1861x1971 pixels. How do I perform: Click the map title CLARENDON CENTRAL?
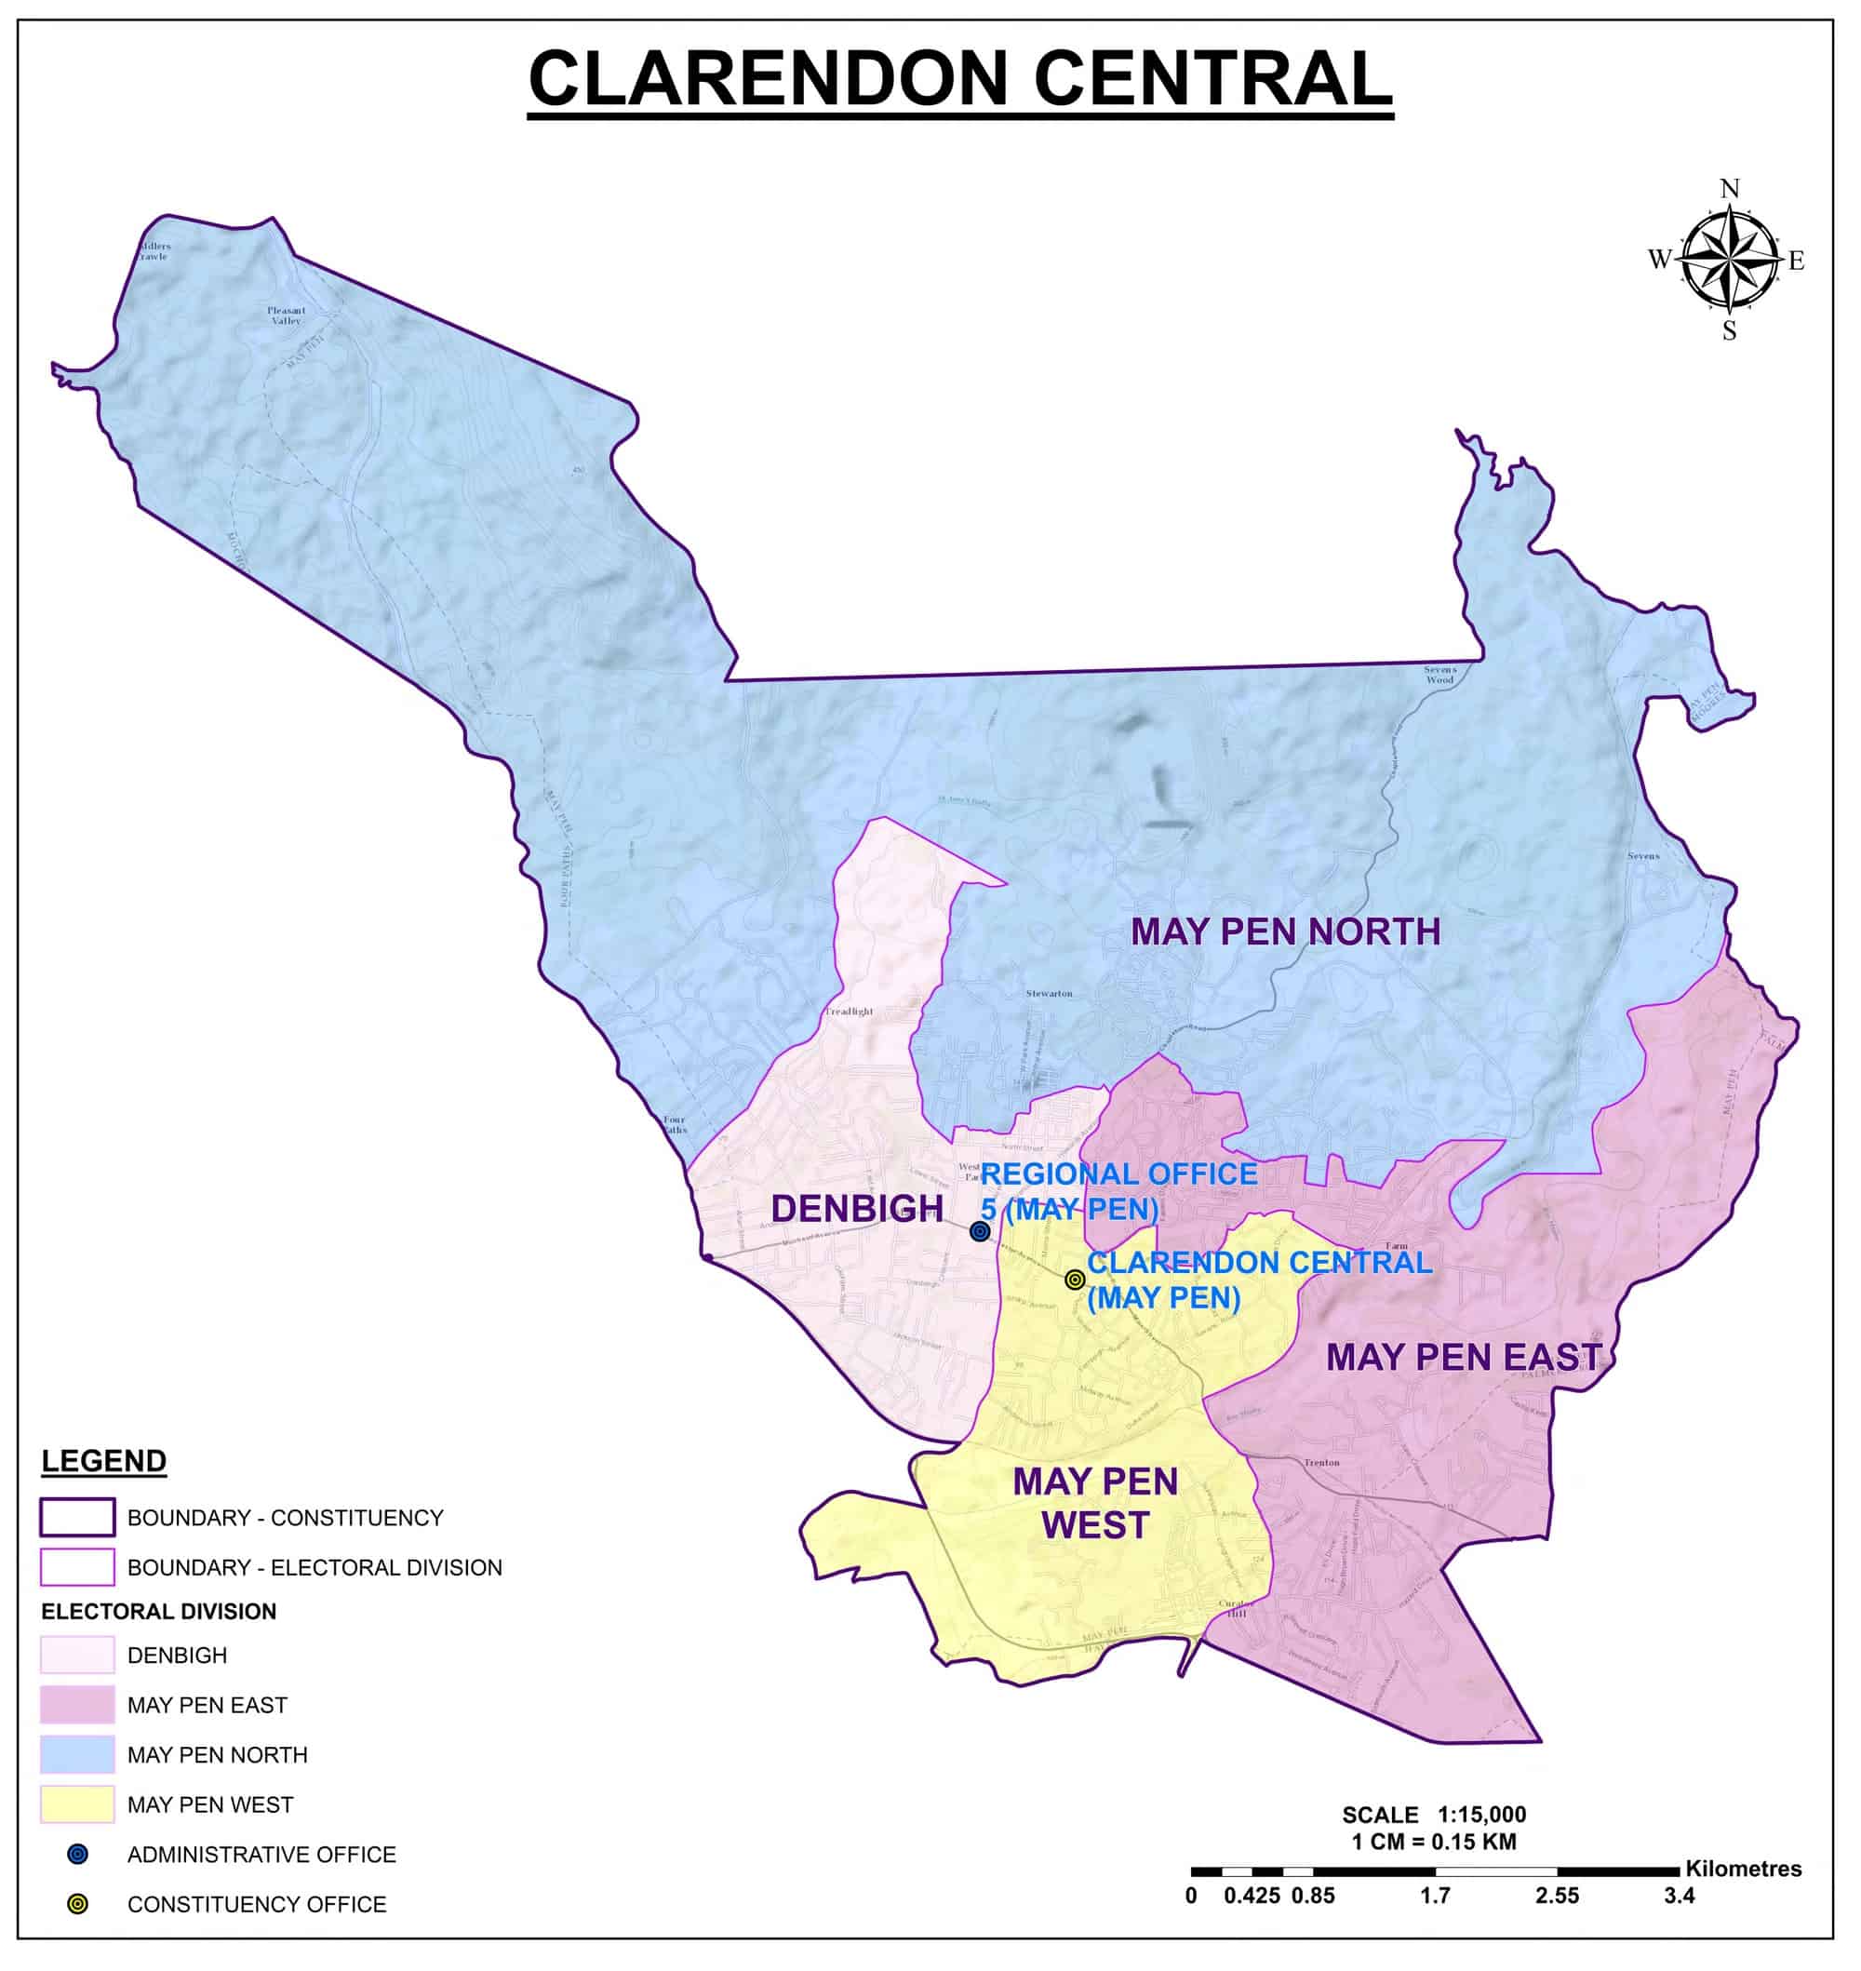[959, 79]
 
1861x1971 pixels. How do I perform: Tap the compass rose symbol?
[1729, 260]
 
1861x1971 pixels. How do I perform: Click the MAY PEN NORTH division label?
[1285, 932]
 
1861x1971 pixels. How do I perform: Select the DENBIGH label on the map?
[857, 1208]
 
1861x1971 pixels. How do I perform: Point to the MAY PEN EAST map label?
[1463, 1357]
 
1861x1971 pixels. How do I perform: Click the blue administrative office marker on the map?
[980, 1231]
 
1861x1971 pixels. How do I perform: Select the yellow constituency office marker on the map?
[1075, 1280]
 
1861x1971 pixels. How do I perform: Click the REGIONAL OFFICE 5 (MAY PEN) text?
[1118, 1191]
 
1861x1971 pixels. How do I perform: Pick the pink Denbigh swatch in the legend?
[77, 1655]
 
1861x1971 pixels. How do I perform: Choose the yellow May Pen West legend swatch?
[77, 1804]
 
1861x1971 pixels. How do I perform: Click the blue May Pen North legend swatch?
[77, 1755]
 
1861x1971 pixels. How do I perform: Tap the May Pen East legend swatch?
[77, 1704]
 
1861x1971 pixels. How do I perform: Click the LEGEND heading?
[103, 1461]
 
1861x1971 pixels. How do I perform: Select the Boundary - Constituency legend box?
[77, 1517]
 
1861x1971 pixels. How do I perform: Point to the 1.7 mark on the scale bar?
[1435, 1896]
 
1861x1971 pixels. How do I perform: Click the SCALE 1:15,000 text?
[1434, 1815]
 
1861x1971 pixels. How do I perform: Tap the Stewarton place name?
[1049, 993]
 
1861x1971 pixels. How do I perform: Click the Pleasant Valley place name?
[286, 315]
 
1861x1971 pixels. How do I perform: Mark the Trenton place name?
[1321, 1462]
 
